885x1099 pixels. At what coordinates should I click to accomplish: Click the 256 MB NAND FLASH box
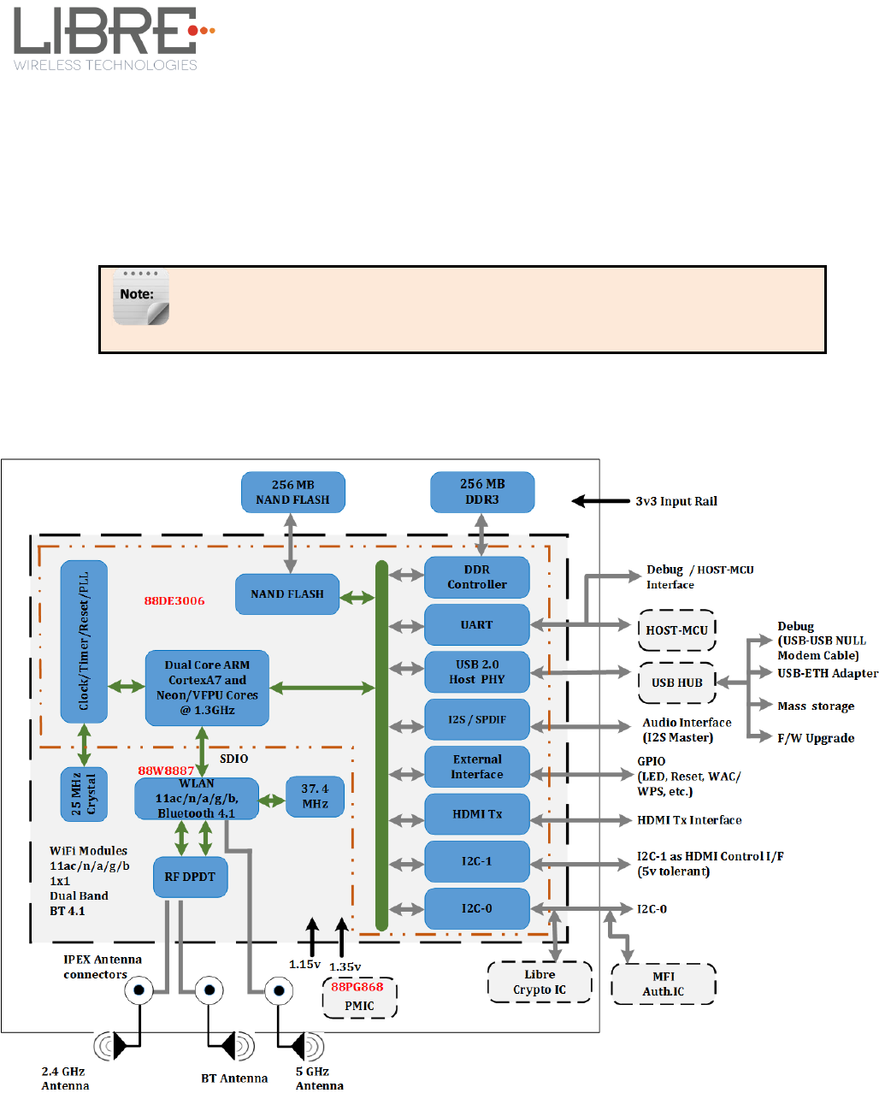coord(292,492)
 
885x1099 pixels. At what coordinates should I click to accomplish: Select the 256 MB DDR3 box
coord(482,492)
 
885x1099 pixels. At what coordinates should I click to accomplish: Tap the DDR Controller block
coord(477,577)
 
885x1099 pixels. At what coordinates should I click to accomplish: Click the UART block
coord(477,624)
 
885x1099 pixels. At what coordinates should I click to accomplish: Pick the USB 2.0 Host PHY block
coord(477,671)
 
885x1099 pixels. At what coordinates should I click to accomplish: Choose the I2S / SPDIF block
coord(477,719)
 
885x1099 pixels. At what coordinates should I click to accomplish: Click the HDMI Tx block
coord(477,814)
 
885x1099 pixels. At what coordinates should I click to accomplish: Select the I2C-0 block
coord(477,908)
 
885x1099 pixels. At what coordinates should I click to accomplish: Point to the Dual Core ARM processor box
coord(207,687)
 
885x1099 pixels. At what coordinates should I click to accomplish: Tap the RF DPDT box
coord(190,877)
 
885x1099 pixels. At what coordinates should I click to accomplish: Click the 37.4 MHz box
coord(315,796)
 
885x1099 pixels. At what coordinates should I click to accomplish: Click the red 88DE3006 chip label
coord(174,600)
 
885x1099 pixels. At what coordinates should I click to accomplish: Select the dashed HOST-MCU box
coord(676,630)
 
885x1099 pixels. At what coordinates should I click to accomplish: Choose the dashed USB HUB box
coord(676,682)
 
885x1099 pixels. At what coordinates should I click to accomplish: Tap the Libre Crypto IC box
coord(540,982)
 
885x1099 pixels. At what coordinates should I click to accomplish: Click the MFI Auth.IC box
coord(664,984)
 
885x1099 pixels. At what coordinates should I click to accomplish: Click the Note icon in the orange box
coord(140,298)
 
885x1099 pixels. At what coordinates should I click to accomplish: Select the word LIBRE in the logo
coord(103,32)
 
